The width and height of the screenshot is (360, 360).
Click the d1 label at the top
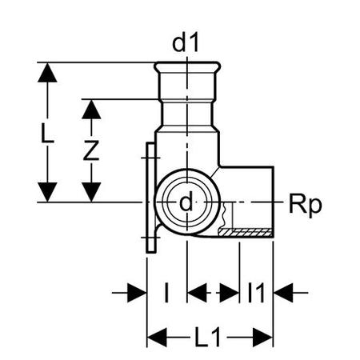point(186,43)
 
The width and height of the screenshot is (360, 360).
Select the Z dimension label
point(91,150)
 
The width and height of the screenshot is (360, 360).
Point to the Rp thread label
point(306,206)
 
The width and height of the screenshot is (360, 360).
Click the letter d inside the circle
point(186,202)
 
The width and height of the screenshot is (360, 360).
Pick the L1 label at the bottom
point(208,338)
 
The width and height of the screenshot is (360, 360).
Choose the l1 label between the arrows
point(256,293)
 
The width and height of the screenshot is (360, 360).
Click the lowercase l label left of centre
point(166,293)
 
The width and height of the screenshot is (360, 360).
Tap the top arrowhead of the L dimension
point(47,73)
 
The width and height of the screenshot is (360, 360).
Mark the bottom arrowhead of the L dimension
point(47,192)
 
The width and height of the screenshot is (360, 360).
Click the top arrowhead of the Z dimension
point(91,110)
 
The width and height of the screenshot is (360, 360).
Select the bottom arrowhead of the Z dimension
point(91,192)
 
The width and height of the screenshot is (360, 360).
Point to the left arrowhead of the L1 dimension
point(157,338)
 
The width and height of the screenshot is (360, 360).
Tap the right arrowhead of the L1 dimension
point(262,338)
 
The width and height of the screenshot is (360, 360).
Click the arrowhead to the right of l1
point(283,293)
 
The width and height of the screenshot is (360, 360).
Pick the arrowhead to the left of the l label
point(137,293)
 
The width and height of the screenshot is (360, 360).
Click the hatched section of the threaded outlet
point(246,233)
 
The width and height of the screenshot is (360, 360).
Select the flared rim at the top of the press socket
point(187,66)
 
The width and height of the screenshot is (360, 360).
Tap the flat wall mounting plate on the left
point(150,198)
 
